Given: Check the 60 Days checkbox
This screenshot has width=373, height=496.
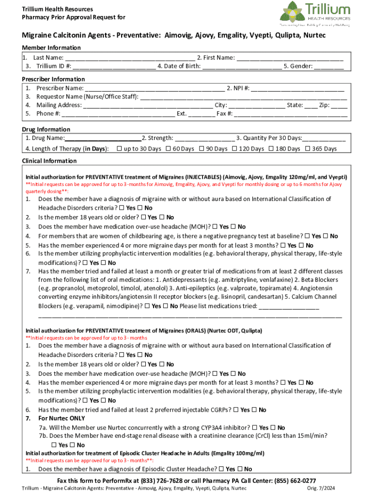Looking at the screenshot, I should (x=168, y=149).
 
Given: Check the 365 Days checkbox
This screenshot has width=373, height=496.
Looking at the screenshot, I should (x=307, y=149).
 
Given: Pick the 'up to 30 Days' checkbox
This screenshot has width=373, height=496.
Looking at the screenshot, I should (x=119, y=149).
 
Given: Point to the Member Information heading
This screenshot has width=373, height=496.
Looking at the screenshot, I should (x=51, y=47).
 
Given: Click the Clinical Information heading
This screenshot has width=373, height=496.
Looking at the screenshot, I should (x=49, y=161).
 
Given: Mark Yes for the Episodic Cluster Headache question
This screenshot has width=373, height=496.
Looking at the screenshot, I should (x=221, y=469).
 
